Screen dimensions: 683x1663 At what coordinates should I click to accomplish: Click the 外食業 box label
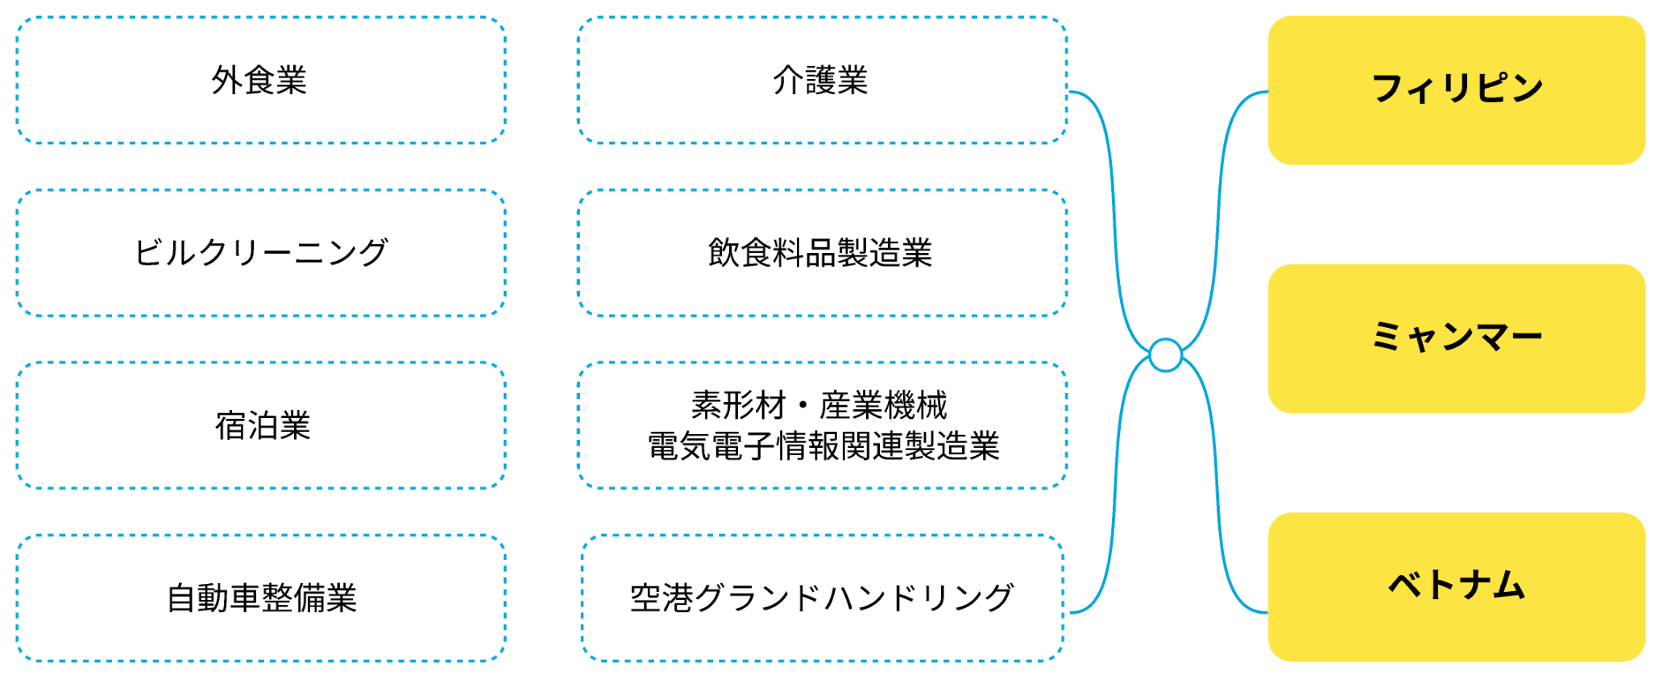point(259,81)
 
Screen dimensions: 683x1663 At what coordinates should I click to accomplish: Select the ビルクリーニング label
point(261,253)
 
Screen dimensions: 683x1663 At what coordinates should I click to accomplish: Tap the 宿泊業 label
point(263,425)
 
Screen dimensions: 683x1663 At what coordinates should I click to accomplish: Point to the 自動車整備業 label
point(262,598)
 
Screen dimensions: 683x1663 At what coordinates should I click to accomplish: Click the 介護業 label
point(820,81)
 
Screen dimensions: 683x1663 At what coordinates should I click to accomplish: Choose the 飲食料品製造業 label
point(820,253)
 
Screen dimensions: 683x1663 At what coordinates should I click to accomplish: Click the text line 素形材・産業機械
point(819,405)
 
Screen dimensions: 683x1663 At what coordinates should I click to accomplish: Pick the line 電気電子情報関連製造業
point(823,446)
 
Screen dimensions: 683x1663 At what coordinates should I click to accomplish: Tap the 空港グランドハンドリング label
point(822,598)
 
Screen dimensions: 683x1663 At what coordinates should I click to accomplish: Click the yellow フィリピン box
point(1456,89)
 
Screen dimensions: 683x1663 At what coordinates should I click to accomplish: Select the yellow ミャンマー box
point(1456,337)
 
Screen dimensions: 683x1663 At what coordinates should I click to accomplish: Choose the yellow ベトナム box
point(1456,586)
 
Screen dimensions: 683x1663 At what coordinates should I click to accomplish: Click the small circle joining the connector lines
point(1165,355)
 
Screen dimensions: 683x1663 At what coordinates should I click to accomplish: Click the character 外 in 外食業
point(227,81)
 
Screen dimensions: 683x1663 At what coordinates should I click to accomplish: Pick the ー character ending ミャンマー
point(1526,337)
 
